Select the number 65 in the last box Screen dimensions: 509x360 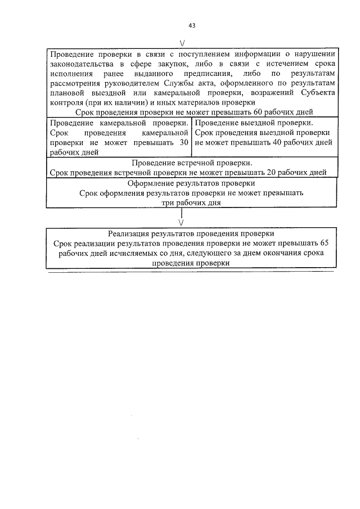coord(324,244)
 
